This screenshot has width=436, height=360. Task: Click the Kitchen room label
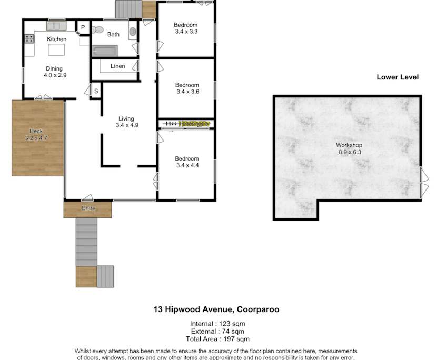(56, 39)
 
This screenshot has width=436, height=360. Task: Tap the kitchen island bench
(56, 50)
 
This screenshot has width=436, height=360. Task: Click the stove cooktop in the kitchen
(28, 39)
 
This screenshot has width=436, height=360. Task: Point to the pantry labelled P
(83, 27)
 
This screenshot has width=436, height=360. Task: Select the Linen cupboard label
(117, 66)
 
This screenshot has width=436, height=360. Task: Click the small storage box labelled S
(96, 91)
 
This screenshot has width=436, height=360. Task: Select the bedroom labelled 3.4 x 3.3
(186, 28)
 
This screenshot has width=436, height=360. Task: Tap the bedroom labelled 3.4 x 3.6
(187, 88)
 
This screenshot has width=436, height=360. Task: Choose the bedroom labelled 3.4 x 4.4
(187, 162)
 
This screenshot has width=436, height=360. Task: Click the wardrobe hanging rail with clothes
(187, 124)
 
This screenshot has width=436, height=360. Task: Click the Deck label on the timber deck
(36, 135)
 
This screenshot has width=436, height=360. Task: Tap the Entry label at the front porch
(88, 208)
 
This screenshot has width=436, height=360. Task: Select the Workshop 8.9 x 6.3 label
(349, 148)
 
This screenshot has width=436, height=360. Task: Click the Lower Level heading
(397, 77)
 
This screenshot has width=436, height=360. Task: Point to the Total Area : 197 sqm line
(218, 339)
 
